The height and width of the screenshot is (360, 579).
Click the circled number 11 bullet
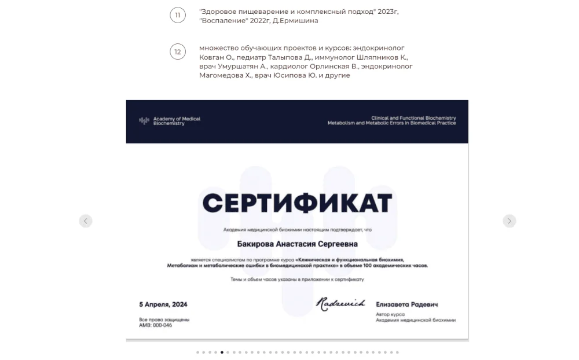[x=177, y=16]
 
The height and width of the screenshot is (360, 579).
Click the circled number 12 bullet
[x=177, y=52]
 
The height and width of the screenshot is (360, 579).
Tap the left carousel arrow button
[x=86, y=221]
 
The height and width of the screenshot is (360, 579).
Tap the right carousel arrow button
[x=509, y=221]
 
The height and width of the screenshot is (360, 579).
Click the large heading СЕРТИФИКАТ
[x=297, y=203]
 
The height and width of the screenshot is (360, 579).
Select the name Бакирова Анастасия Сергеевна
[x=297, y=245]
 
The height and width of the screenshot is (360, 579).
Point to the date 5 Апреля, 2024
[x=163, y=304]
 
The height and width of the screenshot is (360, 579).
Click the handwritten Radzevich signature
[x=340, y=303]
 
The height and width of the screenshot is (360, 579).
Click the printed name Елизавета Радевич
[x=407, y=304]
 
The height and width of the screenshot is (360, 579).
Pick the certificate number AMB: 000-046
[x=156, y=325]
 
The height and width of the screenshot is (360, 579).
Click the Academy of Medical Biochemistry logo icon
[x=144, y=121]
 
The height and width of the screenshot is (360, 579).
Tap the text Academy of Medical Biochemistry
[x=177, y=121]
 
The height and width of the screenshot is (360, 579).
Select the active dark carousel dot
[x=222, y=352]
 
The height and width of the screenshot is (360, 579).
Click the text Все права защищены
[x=164, y=319]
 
